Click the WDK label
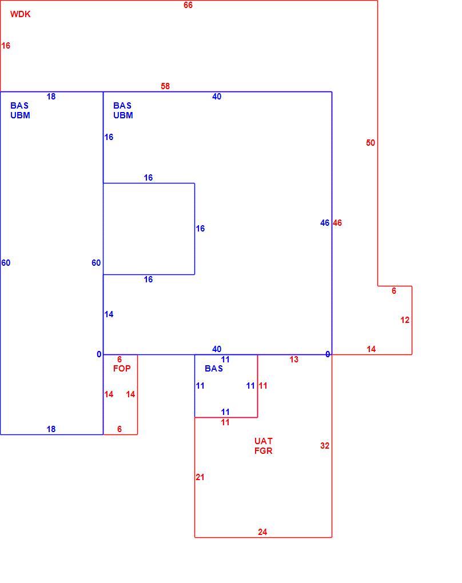(x=20, y=14)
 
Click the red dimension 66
(x=188, y=5)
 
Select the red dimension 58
(x=165, y=86)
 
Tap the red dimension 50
(x=371, y=143)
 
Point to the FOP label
(x=122, y=369)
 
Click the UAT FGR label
(x=264, y=446)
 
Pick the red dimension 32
(x=325, y=445)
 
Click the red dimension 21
(x=200, y=477)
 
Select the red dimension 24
(x=262, y=532)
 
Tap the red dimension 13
(x=294, y=360)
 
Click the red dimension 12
(x=405, y=320)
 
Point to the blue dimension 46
(x=325, y=223)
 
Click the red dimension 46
(x=337, y=223)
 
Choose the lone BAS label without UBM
(x=214, y=369)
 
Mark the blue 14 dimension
(x=109, y=314)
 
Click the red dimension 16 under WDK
(x=6, y=46)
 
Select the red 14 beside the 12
(x=371, y=349)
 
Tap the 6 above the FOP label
(x=120, y=359)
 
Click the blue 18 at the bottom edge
(x=51, y=429)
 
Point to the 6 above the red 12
(x=394, y=291)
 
